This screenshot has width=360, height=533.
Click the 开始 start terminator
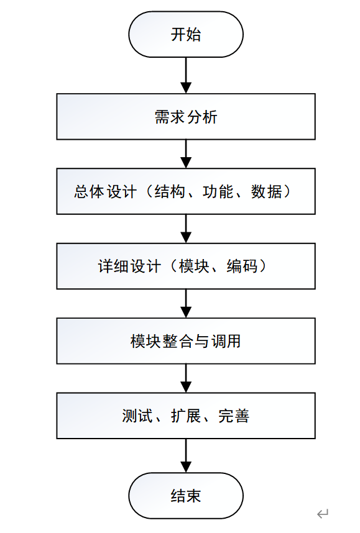pos(185,34)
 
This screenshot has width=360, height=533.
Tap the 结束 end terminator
pos(185,495)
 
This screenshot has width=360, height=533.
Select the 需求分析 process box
pos(185,117)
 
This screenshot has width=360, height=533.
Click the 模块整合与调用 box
pos(185,341)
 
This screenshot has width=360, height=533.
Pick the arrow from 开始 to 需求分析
pos(185,75)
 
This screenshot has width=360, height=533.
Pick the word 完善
pos(234,416)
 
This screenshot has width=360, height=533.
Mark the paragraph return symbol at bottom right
pos(322,514)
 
